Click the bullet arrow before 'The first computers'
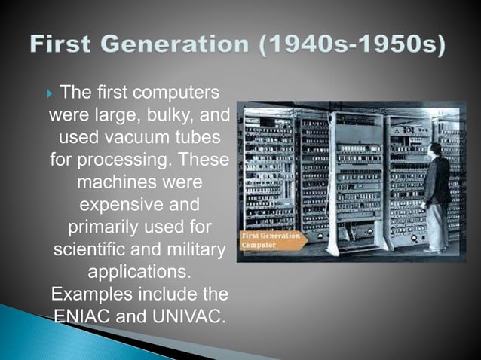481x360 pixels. [51, 94]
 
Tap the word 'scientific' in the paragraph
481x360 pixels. [89, 249]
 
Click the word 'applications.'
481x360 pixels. [138, 270]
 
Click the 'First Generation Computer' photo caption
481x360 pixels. [270, 240]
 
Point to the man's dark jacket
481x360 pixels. [437, 181]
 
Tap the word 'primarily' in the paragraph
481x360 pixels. [100, 227]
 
